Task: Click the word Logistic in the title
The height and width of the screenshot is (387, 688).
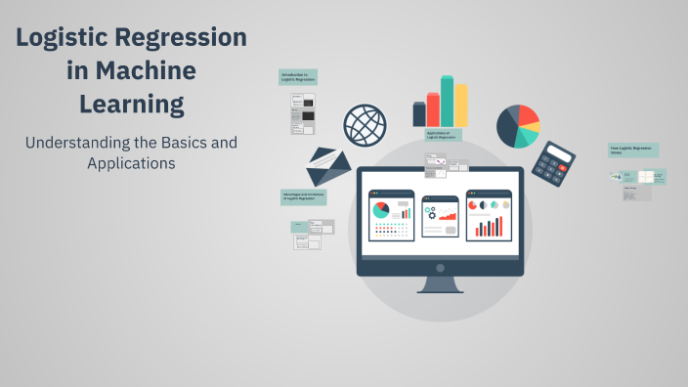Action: (65, 38)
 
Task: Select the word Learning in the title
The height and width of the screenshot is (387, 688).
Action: (131, 103)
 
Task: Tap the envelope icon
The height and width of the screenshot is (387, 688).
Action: (328, 166)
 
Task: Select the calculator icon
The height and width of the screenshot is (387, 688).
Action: (559, 163)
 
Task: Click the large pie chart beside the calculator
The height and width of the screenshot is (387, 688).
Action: (518, 126)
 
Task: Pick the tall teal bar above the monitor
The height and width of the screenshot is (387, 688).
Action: (448, 101)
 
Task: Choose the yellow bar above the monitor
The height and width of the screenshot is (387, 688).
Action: (461, 105)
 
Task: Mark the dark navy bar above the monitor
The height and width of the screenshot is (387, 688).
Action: (419, 114)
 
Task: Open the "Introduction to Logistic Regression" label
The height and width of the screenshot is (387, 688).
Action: (298, 76)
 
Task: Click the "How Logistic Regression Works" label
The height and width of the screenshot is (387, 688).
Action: (632, 150)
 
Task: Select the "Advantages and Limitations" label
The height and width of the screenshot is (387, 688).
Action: (303, 196)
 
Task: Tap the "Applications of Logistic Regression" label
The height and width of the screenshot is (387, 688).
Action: (444, 135)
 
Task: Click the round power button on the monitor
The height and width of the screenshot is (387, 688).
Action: (440, 268)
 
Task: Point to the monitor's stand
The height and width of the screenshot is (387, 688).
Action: (440, 285)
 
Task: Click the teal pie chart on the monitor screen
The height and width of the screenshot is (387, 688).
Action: (380, 209)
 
